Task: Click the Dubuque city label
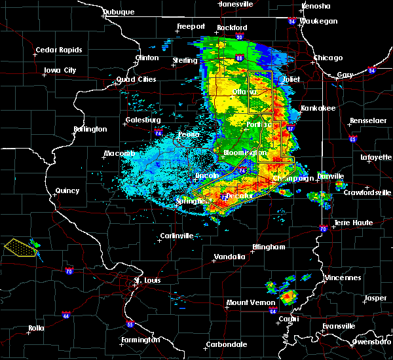120,12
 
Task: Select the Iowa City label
60,70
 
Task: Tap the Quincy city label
67,191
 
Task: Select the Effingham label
269,247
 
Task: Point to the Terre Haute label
354,223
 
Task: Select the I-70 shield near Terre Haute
323,229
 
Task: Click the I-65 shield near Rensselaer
353,139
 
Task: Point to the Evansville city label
337,326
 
